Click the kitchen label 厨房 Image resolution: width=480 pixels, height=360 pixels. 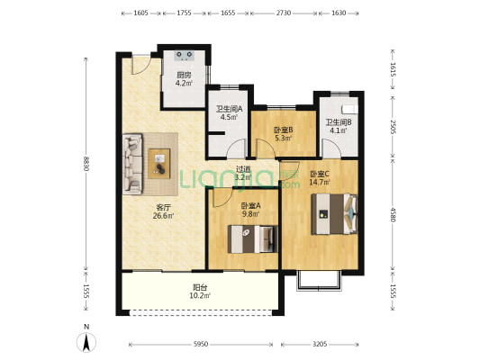click(184, 75)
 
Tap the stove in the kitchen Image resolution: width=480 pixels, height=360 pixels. click(185, 56)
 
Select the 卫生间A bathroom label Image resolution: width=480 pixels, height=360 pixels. click(230, 109)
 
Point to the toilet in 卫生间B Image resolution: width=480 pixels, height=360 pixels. click(350, 109)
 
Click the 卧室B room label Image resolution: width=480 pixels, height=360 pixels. click(283, 130)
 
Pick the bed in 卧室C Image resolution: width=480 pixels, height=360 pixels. click(334, 214)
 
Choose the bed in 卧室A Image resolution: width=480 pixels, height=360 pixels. click(253, 239)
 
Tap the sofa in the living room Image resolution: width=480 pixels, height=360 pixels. click(132, 164)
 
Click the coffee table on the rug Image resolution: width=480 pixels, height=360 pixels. click(159, 164)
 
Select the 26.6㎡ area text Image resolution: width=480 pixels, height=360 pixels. click(164, 216)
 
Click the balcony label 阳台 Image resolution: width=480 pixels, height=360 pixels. click(200, 287)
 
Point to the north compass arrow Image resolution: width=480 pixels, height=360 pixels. click(86, 342)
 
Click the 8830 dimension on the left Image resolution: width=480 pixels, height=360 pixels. click(86, 164)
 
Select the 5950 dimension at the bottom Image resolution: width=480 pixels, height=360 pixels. click(201, 345)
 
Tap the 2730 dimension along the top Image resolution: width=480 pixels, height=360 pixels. click(284, 13)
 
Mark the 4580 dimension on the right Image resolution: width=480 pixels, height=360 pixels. click(393, 214)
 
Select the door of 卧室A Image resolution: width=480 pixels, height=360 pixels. click(222, 198)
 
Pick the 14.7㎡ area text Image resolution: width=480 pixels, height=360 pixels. click(320, 183)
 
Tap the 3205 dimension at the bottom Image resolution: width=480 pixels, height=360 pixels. click(320, 345)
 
